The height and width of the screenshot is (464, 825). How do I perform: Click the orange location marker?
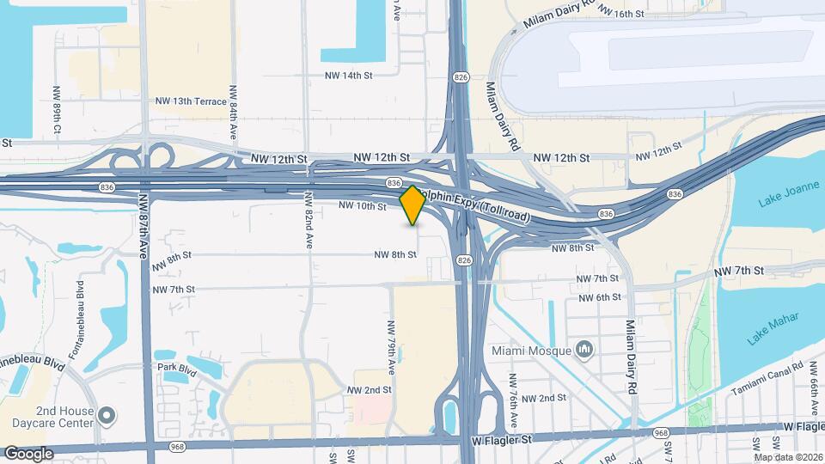(x=412, y=205)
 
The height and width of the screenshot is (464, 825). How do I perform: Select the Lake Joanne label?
(x=784, y=201)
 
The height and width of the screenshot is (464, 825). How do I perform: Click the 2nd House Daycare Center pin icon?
(x=107, y=416)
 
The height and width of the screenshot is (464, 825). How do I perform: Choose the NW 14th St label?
(x=348, y=76)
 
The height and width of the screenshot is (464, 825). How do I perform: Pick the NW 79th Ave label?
(x=390, y=347)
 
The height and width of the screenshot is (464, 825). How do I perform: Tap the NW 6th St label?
(x=599, y=297)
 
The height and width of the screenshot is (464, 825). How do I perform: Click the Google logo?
(x=28, y=453)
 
